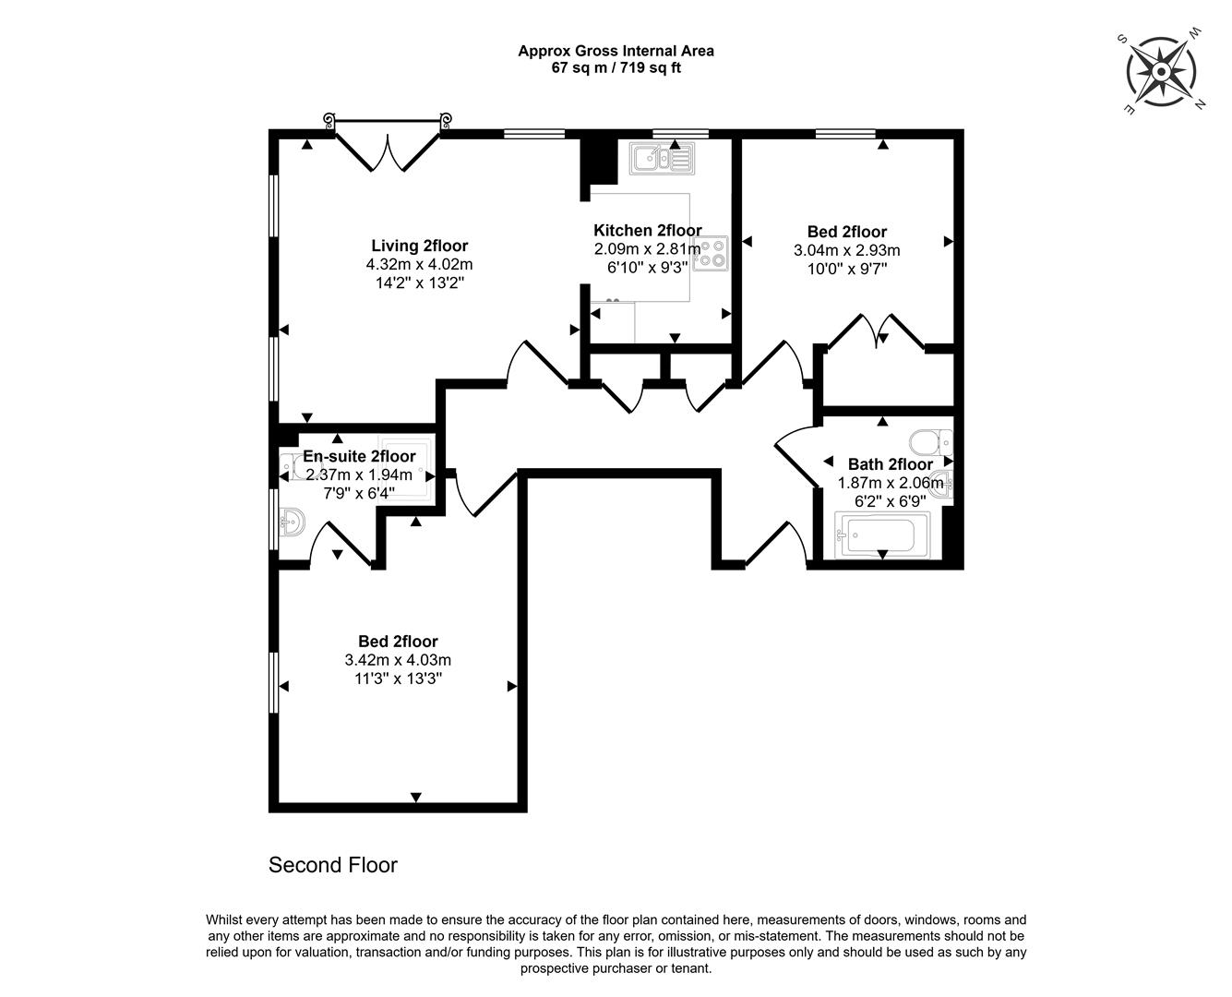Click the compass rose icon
coord(1162,70)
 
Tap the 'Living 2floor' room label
coord(419,246)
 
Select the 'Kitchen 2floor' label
coord(647,231)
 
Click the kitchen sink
coord(661,159)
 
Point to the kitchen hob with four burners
coord(710,253)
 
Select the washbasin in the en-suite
coord(291,525)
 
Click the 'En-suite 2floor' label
coord(359,456)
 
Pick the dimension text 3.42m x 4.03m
coord(398,660)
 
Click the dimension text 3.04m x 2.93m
coord(846,250)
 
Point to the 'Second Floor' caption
coord(332,865)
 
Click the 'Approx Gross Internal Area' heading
coord(616,51)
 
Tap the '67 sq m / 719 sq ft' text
coord(616,67)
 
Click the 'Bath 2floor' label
coord(890,464)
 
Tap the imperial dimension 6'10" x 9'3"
coord(647,268)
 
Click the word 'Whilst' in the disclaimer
coord(225,920)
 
